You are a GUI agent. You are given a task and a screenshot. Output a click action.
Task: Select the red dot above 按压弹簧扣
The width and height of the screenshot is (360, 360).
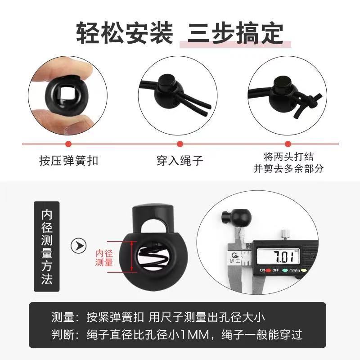pos(68,144)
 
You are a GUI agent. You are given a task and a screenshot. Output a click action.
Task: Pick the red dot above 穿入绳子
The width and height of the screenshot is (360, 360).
pos(180,144)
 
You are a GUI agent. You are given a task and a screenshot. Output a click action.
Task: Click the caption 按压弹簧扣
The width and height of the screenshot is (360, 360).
pos(68,161)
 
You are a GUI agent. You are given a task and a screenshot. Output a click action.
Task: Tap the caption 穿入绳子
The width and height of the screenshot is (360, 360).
pos(180,161)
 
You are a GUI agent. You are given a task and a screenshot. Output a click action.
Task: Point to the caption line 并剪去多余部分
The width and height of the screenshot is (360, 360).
pos(288,168)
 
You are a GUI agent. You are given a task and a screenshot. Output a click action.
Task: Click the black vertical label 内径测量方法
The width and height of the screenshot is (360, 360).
pos(47,247)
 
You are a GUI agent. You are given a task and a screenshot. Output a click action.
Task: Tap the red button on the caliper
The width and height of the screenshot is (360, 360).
pos(269,271)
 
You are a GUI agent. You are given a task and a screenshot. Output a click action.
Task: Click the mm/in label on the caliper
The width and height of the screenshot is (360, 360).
pos(295,271)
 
